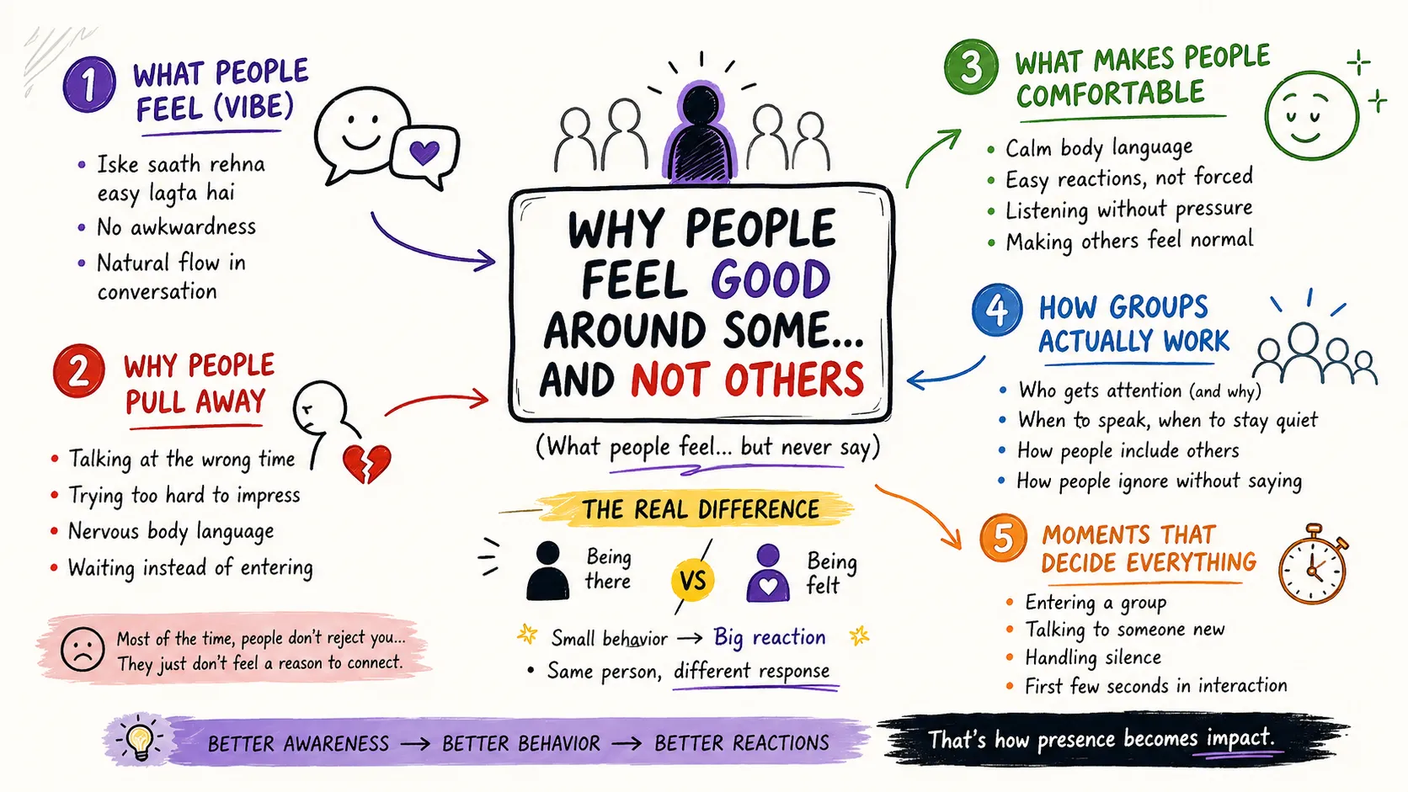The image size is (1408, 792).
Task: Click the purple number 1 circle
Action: [x=89, y=84]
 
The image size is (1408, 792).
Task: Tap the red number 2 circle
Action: [x=79, y=370]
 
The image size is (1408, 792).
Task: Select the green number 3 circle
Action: [x=971, y=66]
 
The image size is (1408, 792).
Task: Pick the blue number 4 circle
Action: [x=997, y=310]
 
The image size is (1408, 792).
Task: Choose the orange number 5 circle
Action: [x=1003, y=538]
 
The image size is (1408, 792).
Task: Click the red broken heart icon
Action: [x=367, y=464]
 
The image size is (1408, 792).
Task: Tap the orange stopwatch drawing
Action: [x=1313, y=563]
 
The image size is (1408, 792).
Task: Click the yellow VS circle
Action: [x=693, y=581]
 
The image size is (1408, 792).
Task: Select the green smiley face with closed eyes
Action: [x=1312, y=115]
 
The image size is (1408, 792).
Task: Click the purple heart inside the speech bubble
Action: [x=424, y=152]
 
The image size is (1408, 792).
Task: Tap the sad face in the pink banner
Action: [x=83, y=650]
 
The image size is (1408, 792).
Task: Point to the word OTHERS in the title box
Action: [x=794, y=380]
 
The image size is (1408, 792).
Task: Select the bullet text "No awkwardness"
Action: [x=176, y=226]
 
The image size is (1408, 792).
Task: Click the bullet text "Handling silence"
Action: [x=1093, y=657]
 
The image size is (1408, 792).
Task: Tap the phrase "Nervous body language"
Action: [x=171, y=531]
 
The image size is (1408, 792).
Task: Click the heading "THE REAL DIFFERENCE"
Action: [x=701, y=509]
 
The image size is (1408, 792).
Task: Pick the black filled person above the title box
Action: [x=701, y=133]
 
